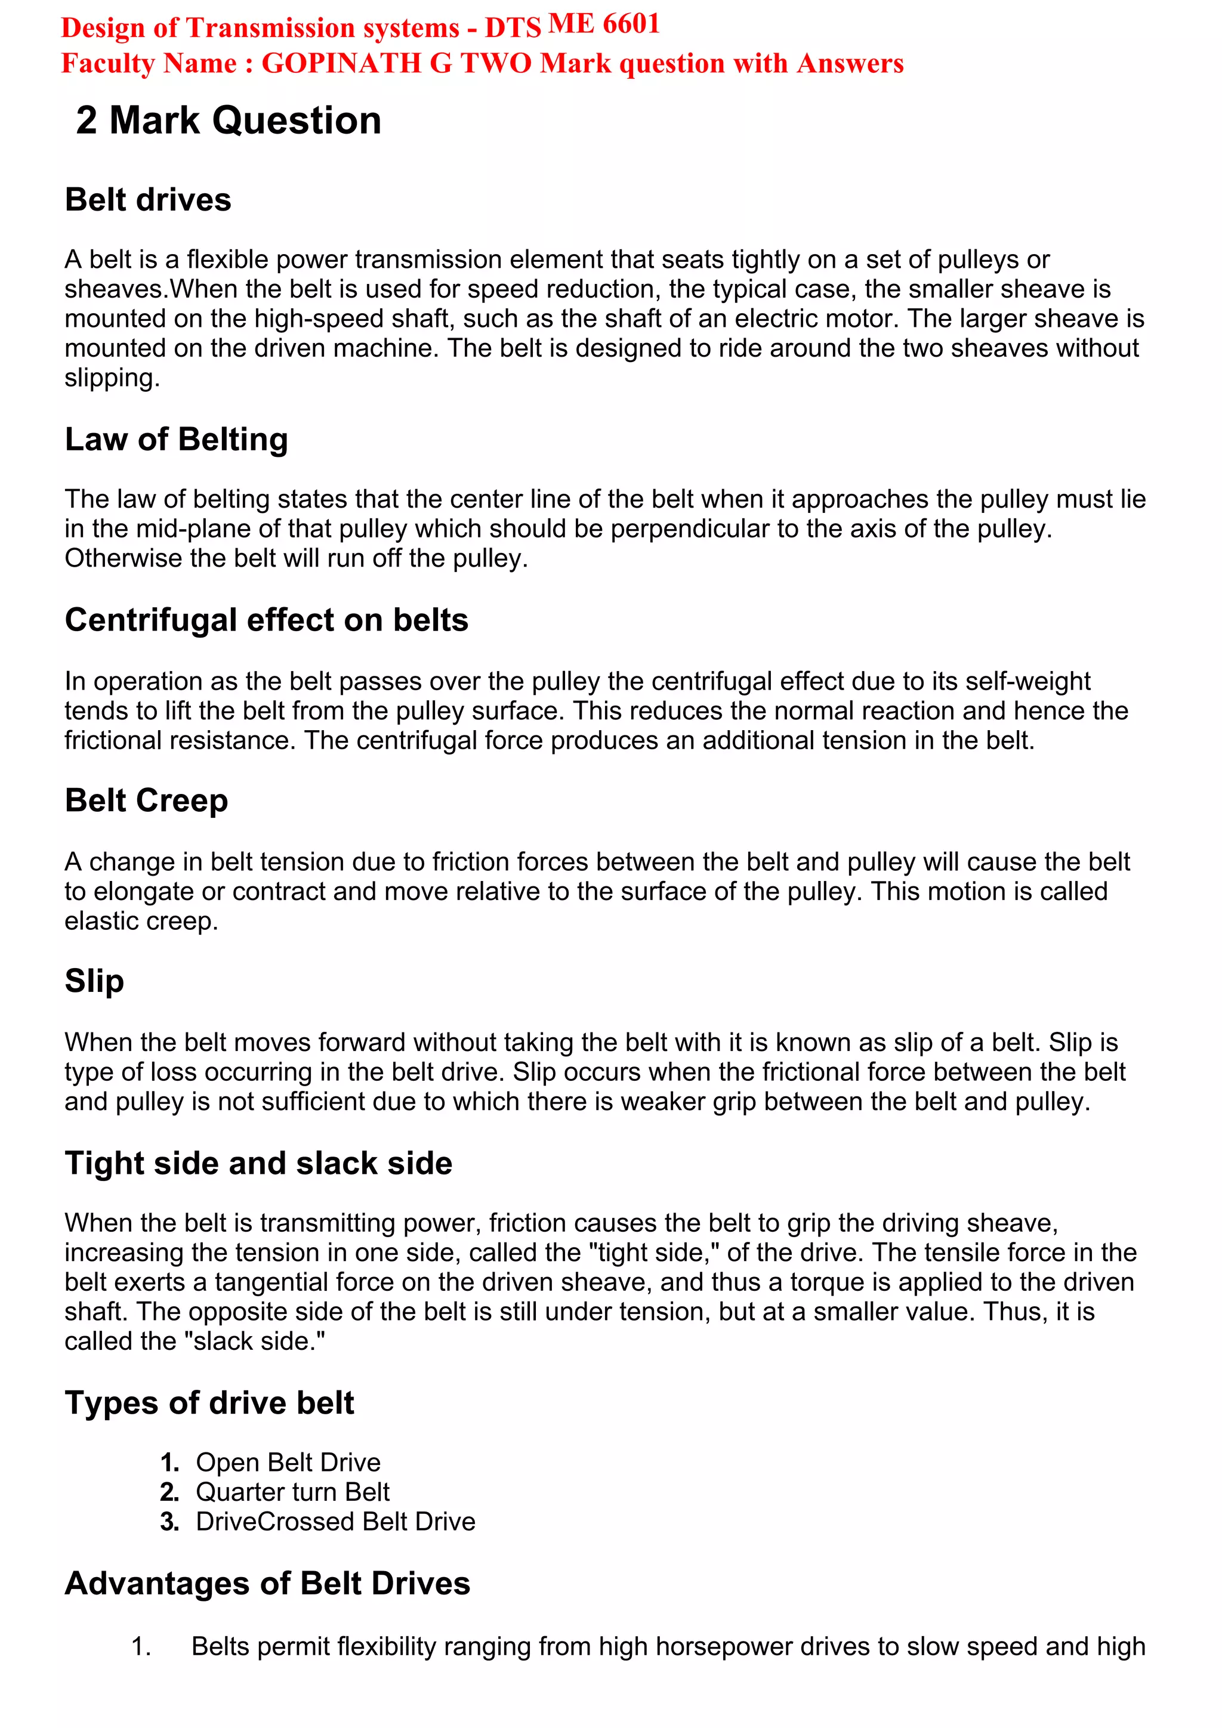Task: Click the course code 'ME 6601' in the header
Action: (604, 24)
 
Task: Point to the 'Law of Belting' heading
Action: (176, 440)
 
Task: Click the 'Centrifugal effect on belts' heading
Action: (267, 620)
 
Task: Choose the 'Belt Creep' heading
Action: (146, 801)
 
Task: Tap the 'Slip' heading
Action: (94, 981)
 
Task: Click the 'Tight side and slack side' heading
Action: (258, 1163)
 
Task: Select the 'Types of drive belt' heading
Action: (209, 1403)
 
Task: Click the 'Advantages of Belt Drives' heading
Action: (267, 1584)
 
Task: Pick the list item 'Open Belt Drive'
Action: (288, 1463)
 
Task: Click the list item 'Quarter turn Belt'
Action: (292, 1492)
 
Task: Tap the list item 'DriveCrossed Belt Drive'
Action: (335, 1521)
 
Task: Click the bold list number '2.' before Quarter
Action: (169, 1492)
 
